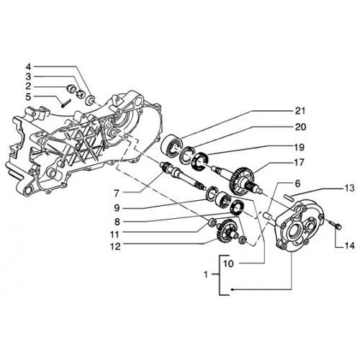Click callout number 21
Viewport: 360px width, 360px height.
[300, 111]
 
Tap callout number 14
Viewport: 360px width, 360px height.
[349, 246]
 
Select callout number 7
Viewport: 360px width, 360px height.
[117, 193]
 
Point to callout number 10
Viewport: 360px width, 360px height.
[228, 264]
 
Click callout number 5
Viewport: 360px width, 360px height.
[29, 96]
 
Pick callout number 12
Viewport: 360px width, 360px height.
[115, 246]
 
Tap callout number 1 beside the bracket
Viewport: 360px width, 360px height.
[206, 274]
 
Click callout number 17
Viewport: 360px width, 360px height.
[300, 163]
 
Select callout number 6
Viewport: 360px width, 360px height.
[297, 184]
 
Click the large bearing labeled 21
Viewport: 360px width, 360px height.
[171, 147]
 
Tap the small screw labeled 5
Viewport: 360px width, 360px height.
[65, 104]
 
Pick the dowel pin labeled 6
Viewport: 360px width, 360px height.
[267, 215]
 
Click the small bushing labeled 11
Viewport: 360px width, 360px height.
[212, 222]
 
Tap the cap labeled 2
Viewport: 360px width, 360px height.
[71, 89]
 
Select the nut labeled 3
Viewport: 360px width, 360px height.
[80, 94]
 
